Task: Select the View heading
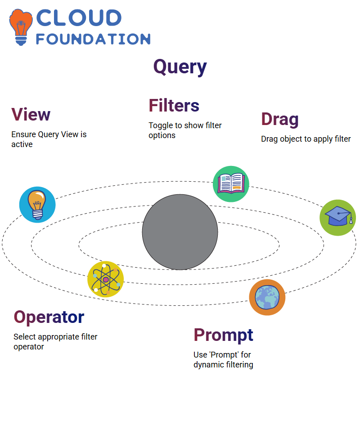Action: point(31,114)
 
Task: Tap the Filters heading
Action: point(174,105)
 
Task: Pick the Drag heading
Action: point(280,120)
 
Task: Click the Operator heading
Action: point(49,318)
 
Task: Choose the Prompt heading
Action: point(223,336)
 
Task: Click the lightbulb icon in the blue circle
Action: point(37,205)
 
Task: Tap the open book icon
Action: point(231,184)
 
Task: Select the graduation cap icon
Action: point(338,218)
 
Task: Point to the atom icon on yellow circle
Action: point(106,279)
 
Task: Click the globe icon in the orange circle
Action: point(267,297)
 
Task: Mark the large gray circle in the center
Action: point(180,232)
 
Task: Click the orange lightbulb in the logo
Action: point(21,27)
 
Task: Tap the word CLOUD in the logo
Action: point(79,18)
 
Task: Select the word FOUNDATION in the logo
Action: point(93,39)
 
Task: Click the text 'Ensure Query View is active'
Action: point(49,139)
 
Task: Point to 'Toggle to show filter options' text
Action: point(185,130)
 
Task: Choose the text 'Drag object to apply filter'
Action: point(306,139)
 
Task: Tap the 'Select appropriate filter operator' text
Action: point(55,342)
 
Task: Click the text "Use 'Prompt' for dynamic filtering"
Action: point(223,360)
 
